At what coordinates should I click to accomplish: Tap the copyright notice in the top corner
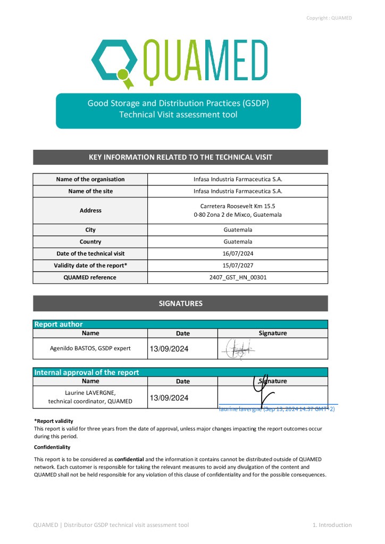(x=329, y=18)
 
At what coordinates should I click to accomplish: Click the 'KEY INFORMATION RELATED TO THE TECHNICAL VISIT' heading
(x=180, y=157)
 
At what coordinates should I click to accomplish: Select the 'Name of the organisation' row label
(x=90, y=180)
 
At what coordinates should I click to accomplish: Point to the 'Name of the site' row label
(x=90, y=191)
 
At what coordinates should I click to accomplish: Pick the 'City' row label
(x=90, y=230)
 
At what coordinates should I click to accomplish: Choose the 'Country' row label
(x=90, y=242)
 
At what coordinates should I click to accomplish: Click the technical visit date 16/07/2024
(x=237, y=253)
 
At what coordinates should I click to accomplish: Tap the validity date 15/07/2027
(x=237, y=265)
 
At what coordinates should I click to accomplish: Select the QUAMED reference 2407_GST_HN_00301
(x=237, y=277)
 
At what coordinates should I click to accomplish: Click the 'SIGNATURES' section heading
(x=180, y=303)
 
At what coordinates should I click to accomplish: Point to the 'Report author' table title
(x=58, y=324)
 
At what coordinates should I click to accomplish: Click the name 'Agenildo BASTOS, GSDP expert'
(x=90, y=348)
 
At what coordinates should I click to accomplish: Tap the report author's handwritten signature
(x=237, y=349)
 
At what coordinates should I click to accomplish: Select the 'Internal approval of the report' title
(x=87, y=372)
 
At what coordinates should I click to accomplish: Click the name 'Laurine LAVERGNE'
(x=90, y=393)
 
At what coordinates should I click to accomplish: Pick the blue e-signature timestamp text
(x=276, y=409)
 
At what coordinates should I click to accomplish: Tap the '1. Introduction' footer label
(x=332, y=525)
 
